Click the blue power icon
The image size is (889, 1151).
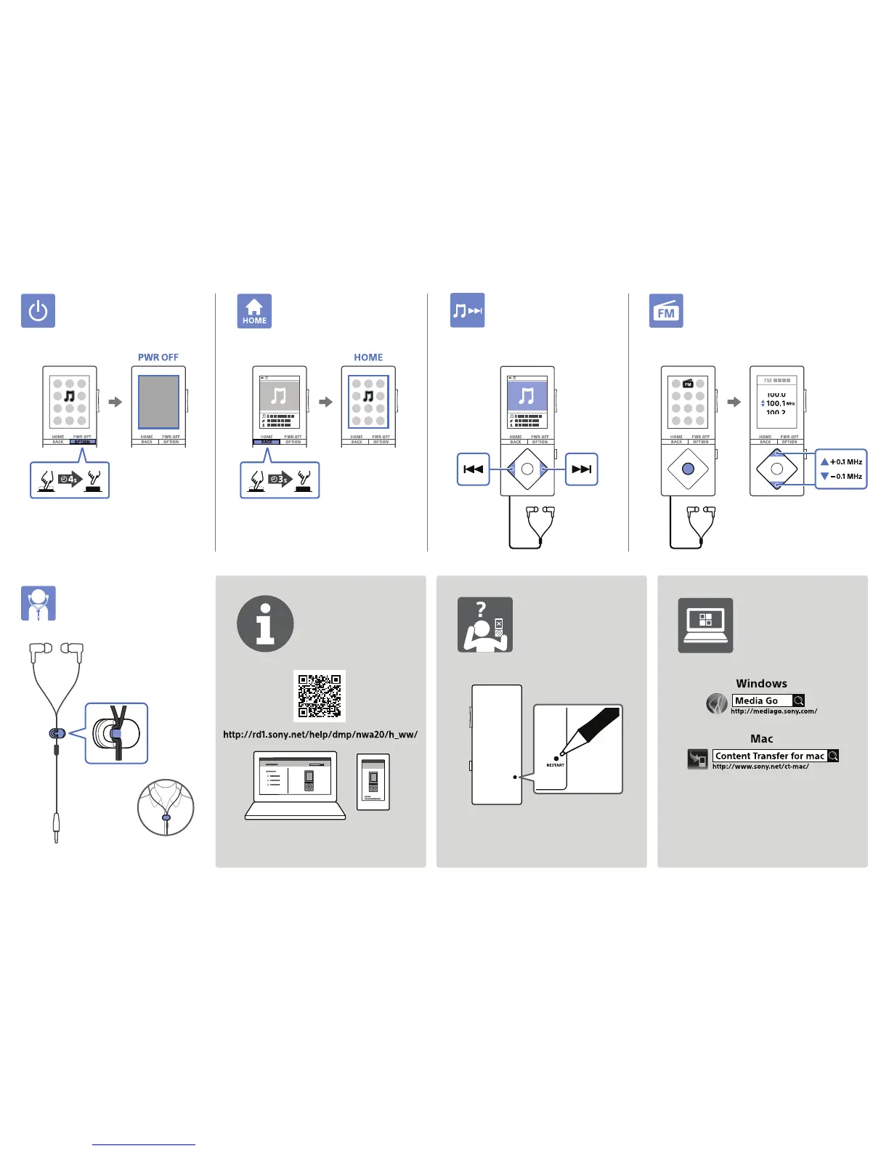coord(38,311)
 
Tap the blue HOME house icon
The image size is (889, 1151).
coord(254,311)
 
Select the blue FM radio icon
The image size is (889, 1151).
coord(666,311)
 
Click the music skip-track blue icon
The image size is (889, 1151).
coord(467,311)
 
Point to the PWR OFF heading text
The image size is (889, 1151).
coord(158,358)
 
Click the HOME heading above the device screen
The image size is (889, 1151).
coord(368,358)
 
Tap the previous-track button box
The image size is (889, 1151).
coord(474,469)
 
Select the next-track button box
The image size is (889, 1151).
coord(581,469)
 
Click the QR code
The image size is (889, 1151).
coord(320,696)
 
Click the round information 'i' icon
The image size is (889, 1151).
coord(265,624)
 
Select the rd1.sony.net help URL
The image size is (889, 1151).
coord(320,735)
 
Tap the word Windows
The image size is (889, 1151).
coord(761,684)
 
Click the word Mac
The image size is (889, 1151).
coord(761,739)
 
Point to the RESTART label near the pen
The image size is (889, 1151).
coord(555,765)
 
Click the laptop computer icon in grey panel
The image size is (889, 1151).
coord(705,625)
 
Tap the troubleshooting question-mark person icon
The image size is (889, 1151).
coord(485,625)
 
